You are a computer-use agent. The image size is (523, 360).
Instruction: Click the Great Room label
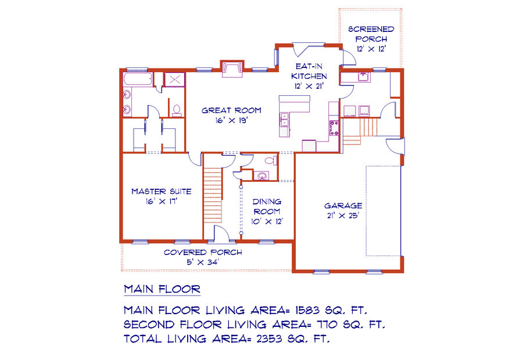click(x=231, y=110)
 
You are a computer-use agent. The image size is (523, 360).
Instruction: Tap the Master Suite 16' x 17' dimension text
click(x=162, y=201)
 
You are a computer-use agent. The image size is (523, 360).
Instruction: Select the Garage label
click(x=343, y=206)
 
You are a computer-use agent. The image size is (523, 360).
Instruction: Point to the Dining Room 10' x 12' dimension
click(x=267, y=221)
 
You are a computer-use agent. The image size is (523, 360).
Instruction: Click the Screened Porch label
click(x=371, y=34)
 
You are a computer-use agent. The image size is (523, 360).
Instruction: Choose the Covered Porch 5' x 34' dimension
click(x=203, y=262)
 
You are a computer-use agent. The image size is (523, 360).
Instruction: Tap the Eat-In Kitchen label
click(x=309, y=71)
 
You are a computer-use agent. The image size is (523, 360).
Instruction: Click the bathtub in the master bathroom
click(x=138, y=80)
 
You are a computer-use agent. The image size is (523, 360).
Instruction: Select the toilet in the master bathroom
click(x=177, y=110)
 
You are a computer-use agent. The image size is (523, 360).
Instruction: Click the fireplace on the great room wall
click(x=232, y=69)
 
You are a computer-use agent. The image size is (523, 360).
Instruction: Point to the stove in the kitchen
click(x=334, y=128)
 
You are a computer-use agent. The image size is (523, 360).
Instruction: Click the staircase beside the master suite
click(x=213, y=195)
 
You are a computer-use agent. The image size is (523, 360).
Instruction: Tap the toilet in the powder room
click(x=271, y=161)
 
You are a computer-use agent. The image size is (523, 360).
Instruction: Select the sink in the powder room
click(x=262, y=176)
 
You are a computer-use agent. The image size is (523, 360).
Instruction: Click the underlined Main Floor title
click(x=162, y=289)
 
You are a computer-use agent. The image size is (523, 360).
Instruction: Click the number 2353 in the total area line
click(x=269, y=339)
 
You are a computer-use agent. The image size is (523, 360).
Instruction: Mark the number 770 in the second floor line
click(x=329, y=325)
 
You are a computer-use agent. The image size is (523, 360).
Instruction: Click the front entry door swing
click(x=221, y=233)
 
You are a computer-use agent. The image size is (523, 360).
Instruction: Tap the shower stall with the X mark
click(x=175, y=80)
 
